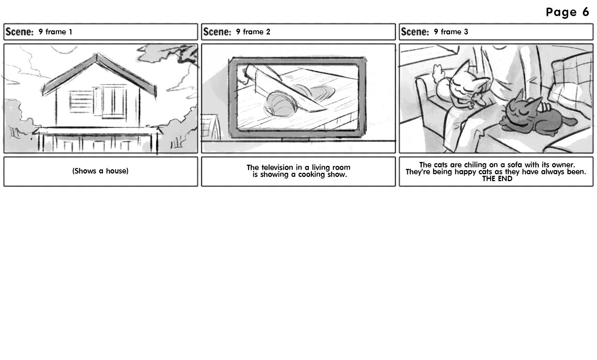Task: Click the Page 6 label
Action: click(x=567, y=12)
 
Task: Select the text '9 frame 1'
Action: click(x=55, y=32)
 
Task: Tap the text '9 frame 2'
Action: click(x=253, y=32)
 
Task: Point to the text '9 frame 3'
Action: click(x=451, y=32)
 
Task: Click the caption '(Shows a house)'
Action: click(x=100, y=171)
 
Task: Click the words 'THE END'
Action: click(x=497, y=179)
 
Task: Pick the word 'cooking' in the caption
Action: click(x=312, y=175)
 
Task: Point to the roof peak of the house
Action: click(x=97, y=55)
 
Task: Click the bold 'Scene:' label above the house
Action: click(x=20, y=32)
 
